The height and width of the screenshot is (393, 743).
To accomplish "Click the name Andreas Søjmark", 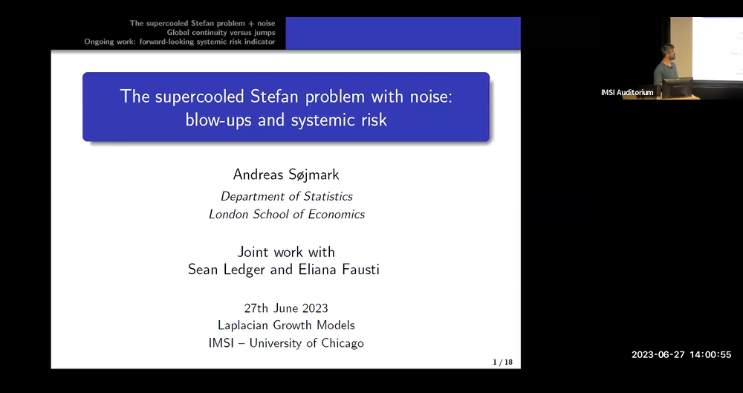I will pyautogui.click(x=286, y=175).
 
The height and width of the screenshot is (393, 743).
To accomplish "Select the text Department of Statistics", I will pyautogui.click(x=286, y=196).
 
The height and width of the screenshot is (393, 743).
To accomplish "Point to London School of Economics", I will pyautogui.click(x=286, y=214).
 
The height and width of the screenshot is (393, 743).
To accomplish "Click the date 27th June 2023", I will pyautogui.click(x=286, y=308).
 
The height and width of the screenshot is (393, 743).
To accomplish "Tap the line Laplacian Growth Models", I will pyautogui.click(x=286, y=325).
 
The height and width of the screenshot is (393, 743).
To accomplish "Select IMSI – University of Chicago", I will pyautogui.click(x=286, y=343).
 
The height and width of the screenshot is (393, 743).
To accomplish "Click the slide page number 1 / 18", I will pyautogui.click(x=502, y=362).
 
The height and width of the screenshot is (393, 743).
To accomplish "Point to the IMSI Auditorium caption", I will pyautogui.click(x=627, y=92).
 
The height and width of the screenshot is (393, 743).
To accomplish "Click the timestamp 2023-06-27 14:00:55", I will pyautogui.click(x=681, y=355).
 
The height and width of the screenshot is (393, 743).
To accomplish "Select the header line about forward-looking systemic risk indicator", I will pyautogui.click(x=180, y=42).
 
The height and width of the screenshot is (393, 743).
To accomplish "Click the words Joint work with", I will pyautogui.click(x=286, y=252).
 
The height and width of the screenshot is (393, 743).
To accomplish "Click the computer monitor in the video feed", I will pyautogui.click(x=676, y=87).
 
